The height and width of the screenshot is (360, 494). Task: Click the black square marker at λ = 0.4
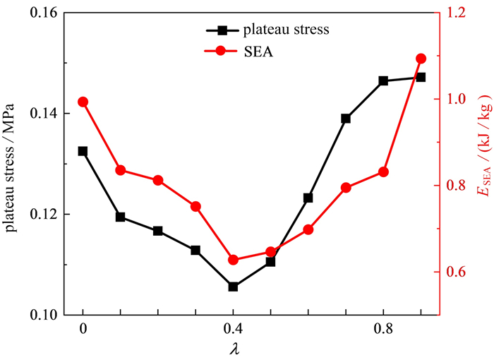point(233,287)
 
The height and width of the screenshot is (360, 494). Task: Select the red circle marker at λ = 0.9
point(421,59)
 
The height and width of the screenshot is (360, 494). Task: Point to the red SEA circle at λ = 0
point(83,102)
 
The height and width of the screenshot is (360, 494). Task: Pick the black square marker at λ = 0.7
point(346,119)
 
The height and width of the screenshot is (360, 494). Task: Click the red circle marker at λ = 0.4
point(233,260)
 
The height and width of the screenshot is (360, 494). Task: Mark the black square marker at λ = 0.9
point(421,77)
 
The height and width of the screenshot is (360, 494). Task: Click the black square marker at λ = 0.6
point(308,198)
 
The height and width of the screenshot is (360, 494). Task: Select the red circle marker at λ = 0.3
point(195,207)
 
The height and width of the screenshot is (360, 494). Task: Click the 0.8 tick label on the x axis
point(383,329)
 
